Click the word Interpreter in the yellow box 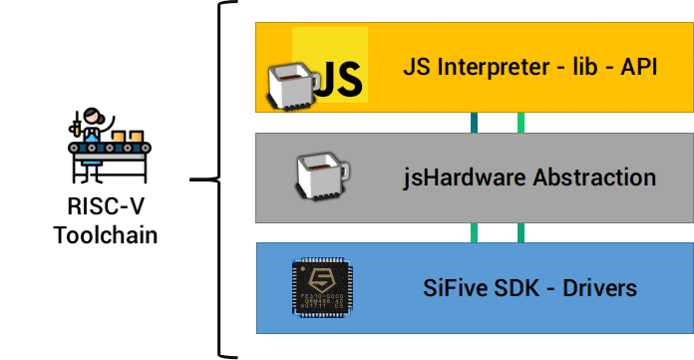click(x=494, y=68)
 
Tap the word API click(x=639, y=67)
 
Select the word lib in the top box click(x=584, y=67)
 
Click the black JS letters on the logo click(x=340, y=79)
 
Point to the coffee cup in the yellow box click(x=292, y=86)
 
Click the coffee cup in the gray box click(x=322, y=177)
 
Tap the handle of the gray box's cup click(x=344, y=171)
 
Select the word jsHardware click(x=464, y=178)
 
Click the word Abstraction click(x=594, y=178)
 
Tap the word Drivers click(x=599, y=288)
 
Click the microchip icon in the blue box click(x=322, y=288)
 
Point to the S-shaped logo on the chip click(x=322, y=280)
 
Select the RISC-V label click(x=106, y=206)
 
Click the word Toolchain click(x=106, y=235)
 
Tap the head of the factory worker click(x=93, y=116)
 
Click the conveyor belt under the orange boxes click(x=110, y=148)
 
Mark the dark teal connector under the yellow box click(x=474, y=123)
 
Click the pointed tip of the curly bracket click(x=191, y=180)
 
